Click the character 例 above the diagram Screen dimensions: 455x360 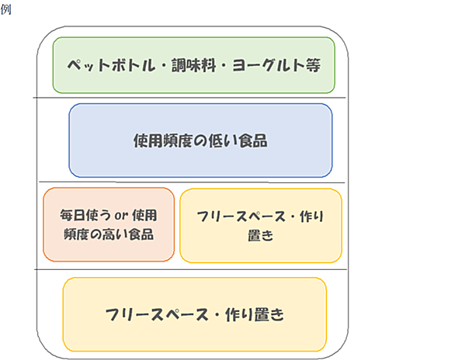click(x=5, y=9)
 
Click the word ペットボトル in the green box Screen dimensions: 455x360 click(x=112, y=65)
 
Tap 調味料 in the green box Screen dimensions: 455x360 click(x=194, y=65)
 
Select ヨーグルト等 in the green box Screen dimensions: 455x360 click(x=276, y=65)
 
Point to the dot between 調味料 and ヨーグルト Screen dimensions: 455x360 click(x=224, y=65)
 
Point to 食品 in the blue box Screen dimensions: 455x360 click(x=253, y=141)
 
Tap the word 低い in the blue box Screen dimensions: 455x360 click(x=222, y=141)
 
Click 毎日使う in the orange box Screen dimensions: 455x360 click(x=85, y=216)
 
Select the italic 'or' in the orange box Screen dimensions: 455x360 click(x=121, y=216)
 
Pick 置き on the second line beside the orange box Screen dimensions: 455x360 click(x=261, y=235)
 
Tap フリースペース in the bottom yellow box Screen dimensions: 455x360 click(x=157, y=315)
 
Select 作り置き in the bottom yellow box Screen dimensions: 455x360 click(x=255, y=315)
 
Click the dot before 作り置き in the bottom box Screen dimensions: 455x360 click(x=217, y=315)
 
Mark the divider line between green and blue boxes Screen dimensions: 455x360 click(x=189, y=98)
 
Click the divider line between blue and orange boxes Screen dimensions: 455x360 click(x=192, y=182)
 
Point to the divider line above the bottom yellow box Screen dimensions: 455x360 click(x=191, y=269)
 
